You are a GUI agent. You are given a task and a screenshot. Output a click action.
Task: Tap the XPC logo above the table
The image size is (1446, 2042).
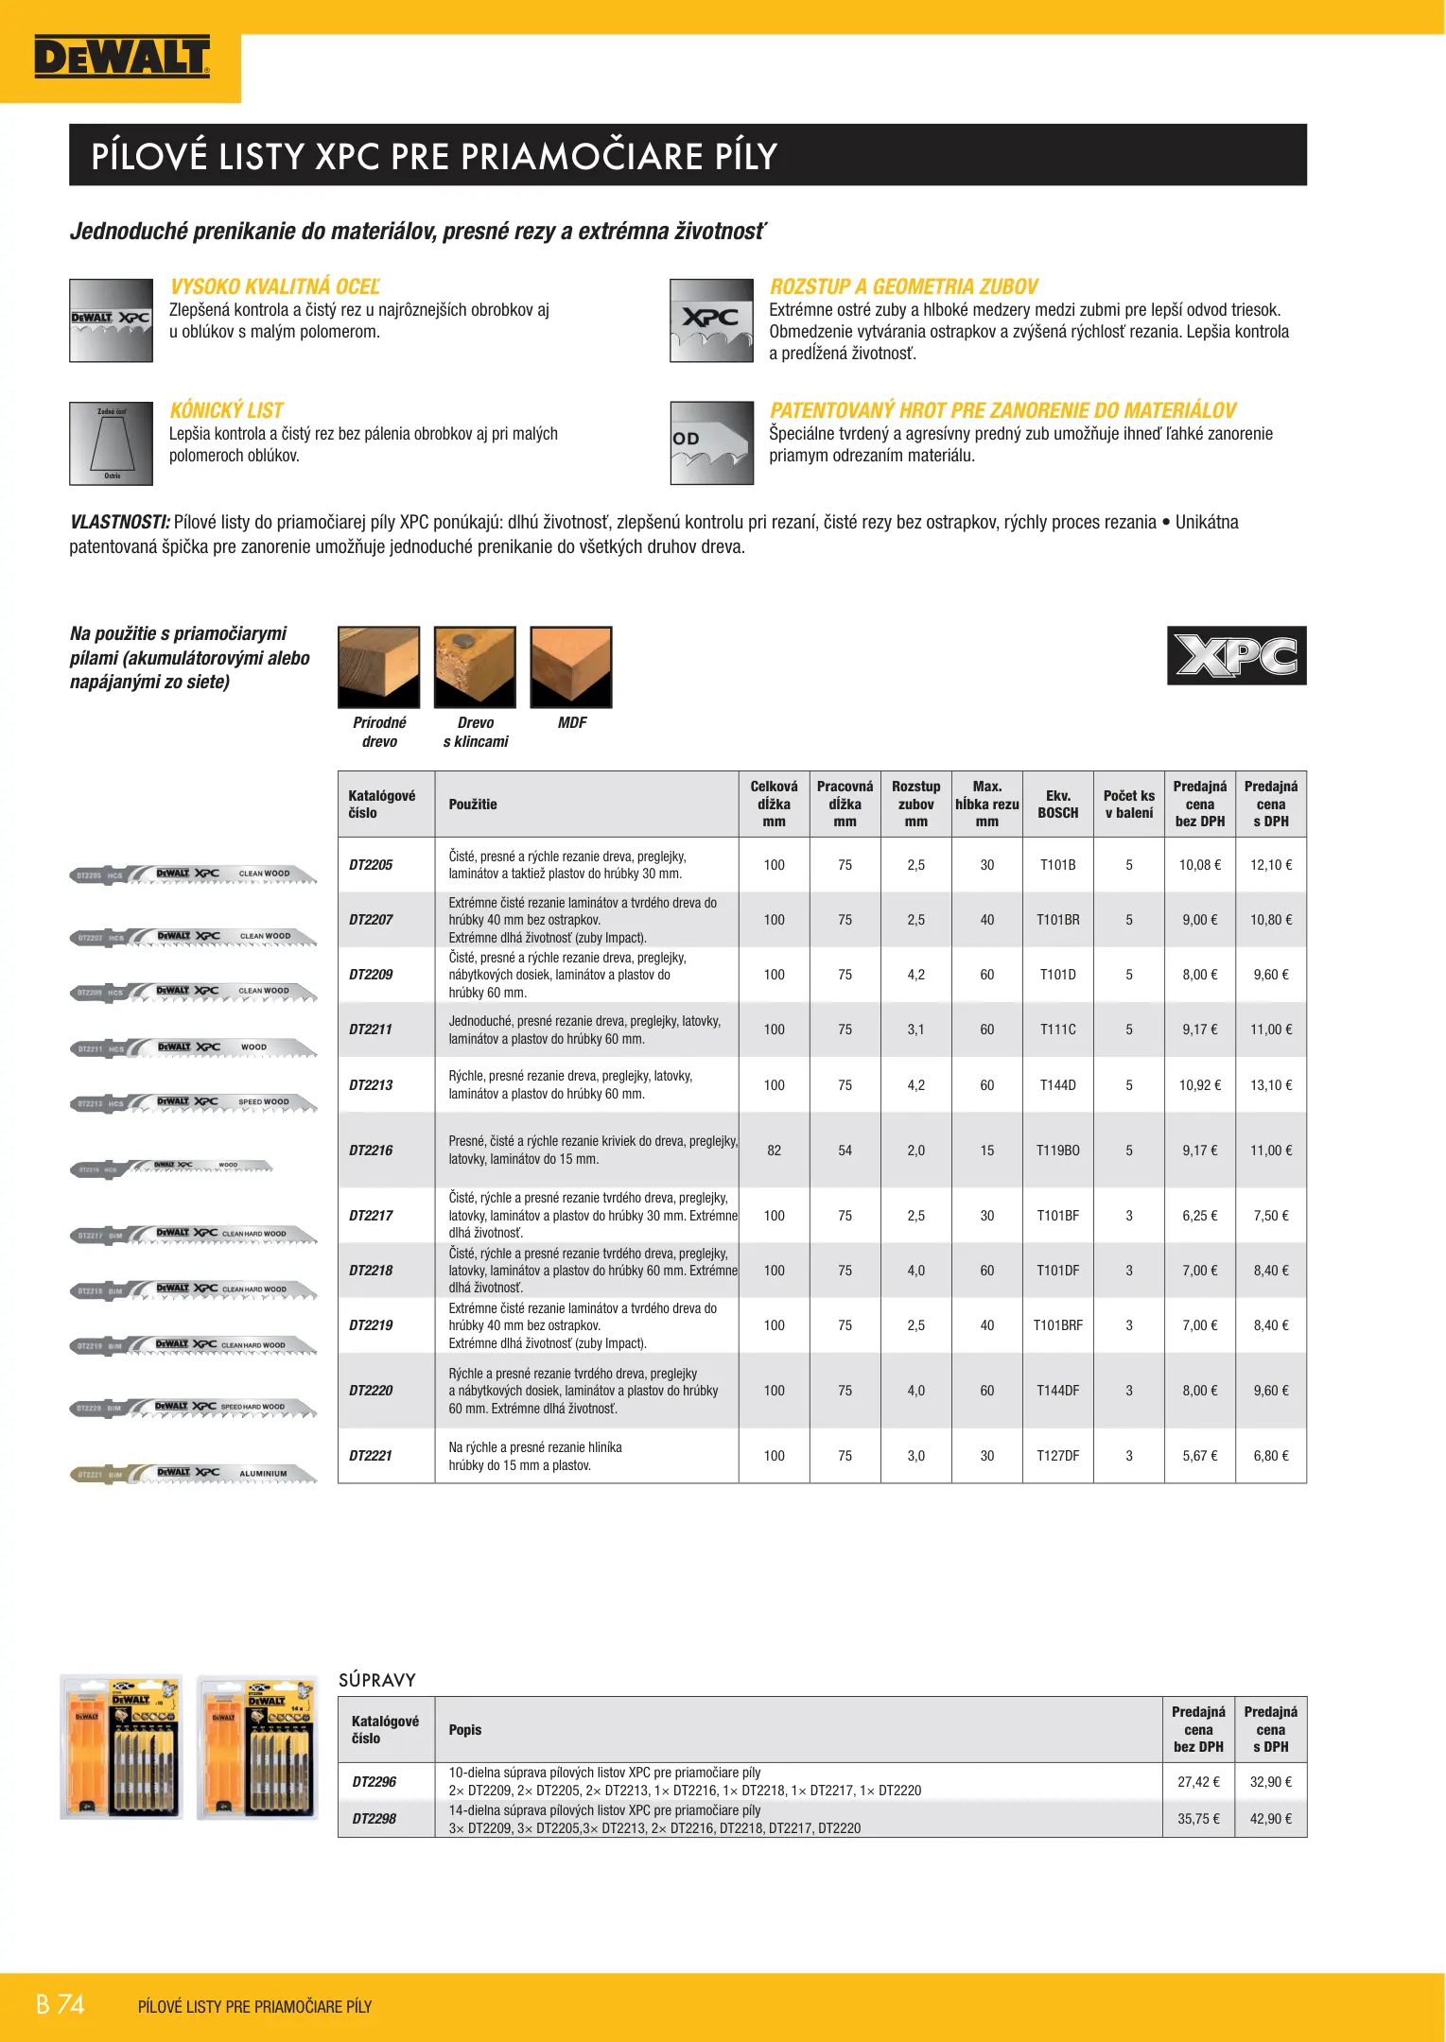(x=1236, y=655)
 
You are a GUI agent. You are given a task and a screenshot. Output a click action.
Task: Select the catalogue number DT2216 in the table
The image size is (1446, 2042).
(x=371, y=1151)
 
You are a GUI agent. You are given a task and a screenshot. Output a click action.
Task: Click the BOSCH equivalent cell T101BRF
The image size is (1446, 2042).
(x=1057, y=1325)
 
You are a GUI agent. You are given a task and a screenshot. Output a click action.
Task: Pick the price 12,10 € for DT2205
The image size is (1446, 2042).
(x=1270, y=865)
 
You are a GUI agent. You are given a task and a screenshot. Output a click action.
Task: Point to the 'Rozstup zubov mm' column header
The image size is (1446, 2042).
(x=915, y=804)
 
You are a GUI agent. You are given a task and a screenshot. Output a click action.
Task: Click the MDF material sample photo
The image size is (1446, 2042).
(x=571, y=666)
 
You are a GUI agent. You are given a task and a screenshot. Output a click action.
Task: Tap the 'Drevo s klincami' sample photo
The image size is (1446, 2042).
(x=475, y=666)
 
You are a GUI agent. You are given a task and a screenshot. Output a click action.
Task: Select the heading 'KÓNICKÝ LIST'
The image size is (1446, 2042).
(x=226, y=410)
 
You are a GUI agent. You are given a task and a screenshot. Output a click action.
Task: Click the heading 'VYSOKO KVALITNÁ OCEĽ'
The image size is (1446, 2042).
(x=274, y=286)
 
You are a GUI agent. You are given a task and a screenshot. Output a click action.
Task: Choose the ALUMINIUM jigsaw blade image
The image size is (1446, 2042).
(x=194, y=1474)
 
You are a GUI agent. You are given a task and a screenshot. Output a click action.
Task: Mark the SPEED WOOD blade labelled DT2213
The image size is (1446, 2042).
(x=194, y=1103)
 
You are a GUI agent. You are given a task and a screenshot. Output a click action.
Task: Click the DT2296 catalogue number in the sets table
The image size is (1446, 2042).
(x=375, y=1782)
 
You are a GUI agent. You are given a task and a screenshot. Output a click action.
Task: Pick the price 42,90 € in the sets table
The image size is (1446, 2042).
(x=1270, y=1819)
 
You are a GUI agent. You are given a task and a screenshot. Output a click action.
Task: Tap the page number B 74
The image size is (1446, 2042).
(x=61, y=2005)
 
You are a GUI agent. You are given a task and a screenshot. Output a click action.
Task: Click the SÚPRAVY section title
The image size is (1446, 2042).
(x=377, y=1680)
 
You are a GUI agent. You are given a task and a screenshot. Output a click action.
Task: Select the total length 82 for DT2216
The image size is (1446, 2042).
(x=774, y=1151)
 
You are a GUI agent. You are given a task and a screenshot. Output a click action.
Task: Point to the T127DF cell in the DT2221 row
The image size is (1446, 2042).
(x=1057, y=1456)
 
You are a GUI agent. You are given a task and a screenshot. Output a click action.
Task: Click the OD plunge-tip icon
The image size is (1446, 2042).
(x=711, y=443)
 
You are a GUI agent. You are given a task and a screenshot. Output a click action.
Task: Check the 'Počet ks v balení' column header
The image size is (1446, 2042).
(x=1128, y=804)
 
